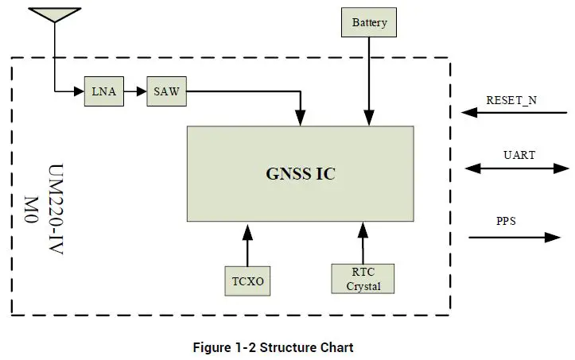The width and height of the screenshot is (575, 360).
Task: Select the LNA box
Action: click(103, 91)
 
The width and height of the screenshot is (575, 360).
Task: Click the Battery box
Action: click(369, 22)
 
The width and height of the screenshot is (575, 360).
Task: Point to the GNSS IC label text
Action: click(300, 174)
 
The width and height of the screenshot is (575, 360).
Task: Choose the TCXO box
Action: click(247, 281)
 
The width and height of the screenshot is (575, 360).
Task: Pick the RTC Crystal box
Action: click(363, 278)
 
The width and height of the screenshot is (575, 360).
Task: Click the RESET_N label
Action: click(511, 101)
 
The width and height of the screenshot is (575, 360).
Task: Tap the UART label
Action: click(519, 155)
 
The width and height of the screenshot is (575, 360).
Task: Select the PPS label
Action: click(506, 221)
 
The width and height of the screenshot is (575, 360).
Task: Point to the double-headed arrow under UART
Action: click(516, 168)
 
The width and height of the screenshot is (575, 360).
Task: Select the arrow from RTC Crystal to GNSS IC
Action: click(363, 242)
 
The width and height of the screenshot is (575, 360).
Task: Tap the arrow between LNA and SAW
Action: click(135, 91)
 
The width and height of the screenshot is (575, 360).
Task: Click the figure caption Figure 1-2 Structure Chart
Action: click(273, 347)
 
